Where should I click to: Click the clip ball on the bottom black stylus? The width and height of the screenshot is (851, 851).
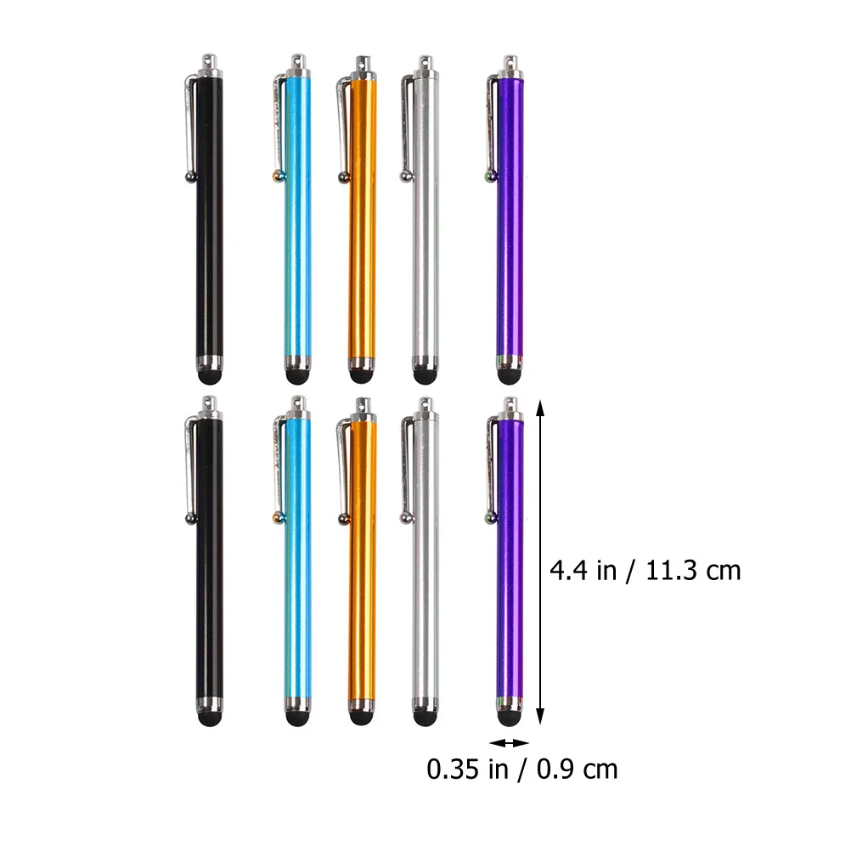tap(189, 516)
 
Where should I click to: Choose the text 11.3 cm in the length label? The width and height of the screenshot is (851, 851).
tap(694, 570)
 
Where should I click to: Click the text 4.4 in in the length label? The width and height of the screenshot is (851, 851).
tap(583, 570)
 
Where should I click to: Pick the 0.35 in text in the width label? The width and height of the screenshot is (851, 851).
tap(464, 770)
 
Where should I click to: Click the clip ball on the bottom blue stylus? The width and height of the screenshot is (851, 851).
tap(275, 516)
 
